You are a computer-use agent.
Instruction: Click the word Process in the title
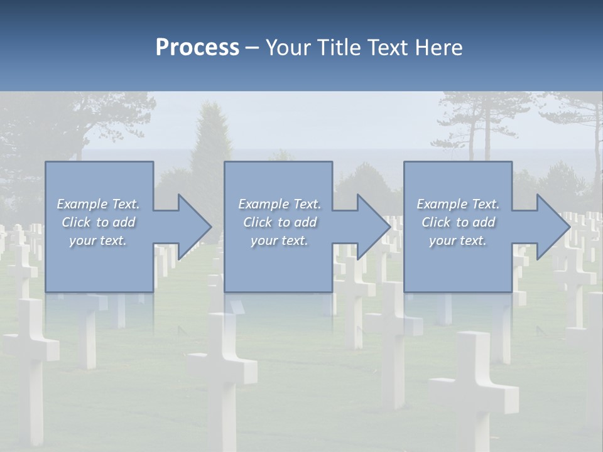[197, 48]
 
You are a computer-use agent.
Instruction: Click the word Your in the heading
[288, 48]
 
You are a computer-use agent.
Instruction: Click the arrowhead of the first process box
[195, 227]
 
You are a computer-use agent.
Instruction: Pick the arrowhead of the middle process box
[374, 227]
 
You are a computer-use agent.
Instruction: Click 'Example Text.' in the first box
[98, 204]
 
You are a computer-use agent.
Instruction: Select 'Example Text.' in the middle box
[279, 204]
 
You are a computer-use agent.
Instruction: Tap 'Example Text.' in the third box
[458, 204]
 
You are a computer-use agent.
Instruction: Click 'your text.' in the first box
[98, 240]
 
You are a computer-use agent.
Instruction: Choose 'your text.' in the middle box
[279, 240]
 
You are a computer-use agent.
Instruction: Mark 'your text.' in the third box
[458, 240]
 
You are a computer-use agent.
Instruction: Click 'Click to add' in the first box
[98, 222]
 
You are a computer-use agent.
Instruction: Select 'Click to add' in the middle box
[279, 222]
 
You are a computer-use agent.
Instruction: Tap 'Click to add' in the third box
[458, 222]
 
